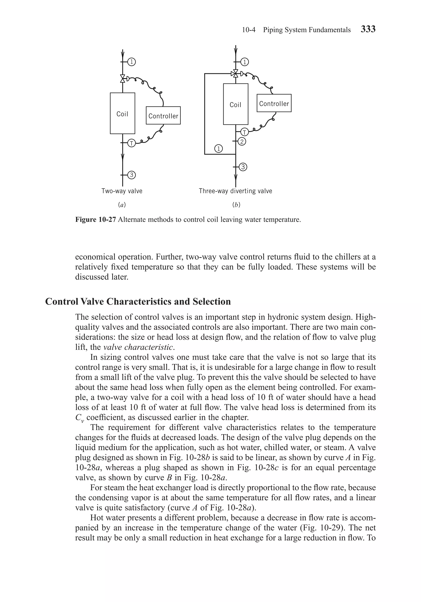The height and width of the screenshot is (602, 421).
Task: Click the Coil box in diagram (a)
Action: click(x=122, y=114)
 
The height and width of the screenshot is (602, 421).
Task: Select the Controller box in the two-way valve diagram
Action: click(x=163, y=116)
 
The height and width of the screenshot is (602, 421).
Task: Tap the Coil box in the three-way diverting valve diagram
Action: click(x=235, y=104)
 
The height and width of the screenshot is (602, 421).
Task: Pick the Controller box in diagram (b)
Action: click(x=274, y=103)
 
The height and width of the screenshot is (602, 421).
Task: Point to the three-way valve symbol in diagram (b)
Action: click(x=236, y=73)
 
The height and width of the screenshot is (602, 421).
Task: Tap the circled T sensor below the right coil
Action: click(x=244, y=132)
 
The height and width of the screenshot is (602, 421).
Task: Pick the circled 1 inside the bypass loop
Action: click(x=219, y=149)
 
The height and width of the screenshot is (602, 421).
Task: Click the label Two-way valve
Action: click(x=122, y=191)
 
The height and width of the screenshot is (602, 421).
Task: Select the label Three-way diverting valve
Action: click(x=235, y=191)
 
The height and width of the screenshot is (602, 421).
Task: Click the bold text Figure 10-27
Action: click(x=95, y=220)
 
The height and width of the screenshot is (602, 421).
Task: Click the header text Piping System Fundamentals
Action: click(x=306, y=30)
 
